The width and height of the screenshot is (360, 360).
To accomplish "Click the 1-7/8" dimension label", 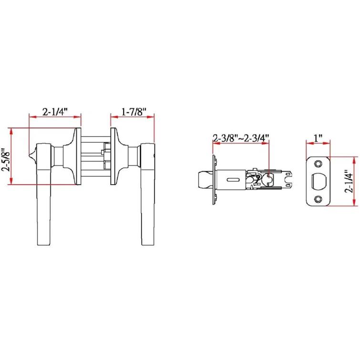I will point(133,112).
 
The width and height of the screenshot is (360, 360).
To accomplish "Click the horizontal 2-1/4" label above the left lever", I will point(55,112).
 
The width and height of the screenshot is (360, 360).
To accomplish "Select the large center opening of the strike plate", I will point(318,181).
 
